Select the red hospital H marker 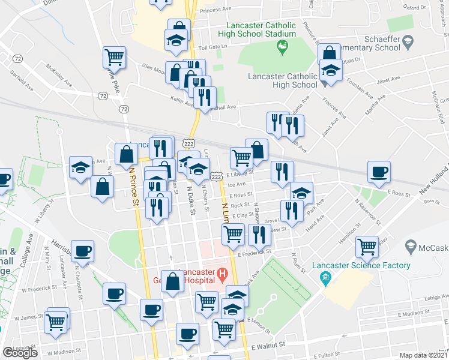tap(223, 275)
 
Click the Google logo tap(20, 353)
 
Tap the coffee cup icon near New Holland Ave tap(379, 173)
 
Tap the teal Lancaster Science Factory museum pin tap(326, 277)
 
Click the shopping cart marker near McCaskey tap(367, 246)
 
